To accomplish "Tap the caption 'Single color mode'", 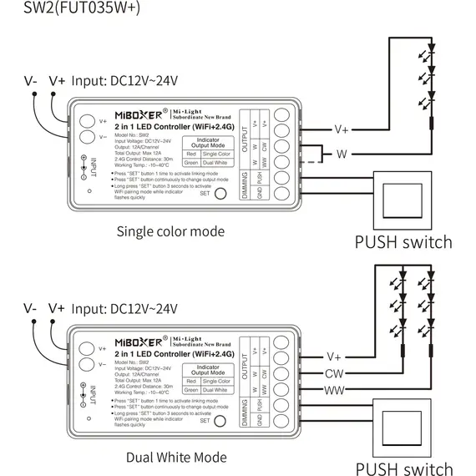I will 170,231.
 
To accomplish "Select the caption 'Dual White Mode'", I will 175,457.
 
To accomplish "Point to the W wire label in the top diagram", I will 341,154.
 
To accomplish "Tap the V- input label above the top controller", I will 30,80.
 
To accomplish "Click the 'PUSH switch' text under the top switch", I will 403,242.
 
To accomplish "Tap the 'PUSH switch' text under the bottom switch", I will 403,468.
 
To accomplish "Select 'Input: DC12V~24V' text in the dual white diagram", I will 126,308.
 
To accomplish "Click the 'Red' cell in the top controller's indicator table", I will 190,154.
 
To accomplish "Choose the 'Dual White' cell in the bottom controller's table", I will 215,390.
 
